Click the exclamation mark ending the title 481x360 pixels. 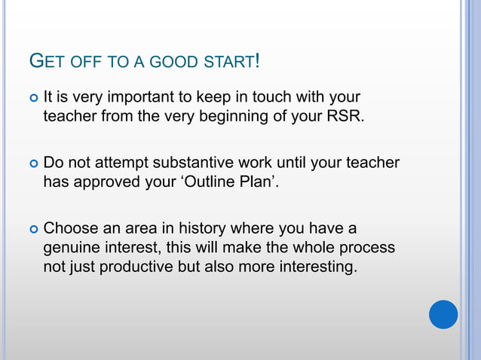tap(258, 60)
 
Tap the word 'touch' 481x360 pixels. tap(278, 97)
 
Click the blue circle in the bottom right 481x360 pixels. tap(443, 314)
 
